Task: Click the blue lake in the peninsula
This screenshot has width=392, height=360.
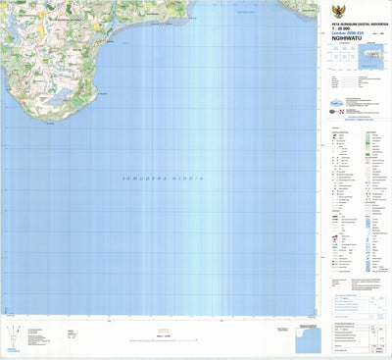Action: coord(53,100)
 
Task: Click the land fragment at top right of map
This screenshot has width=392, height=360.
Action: coord(294,9)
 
